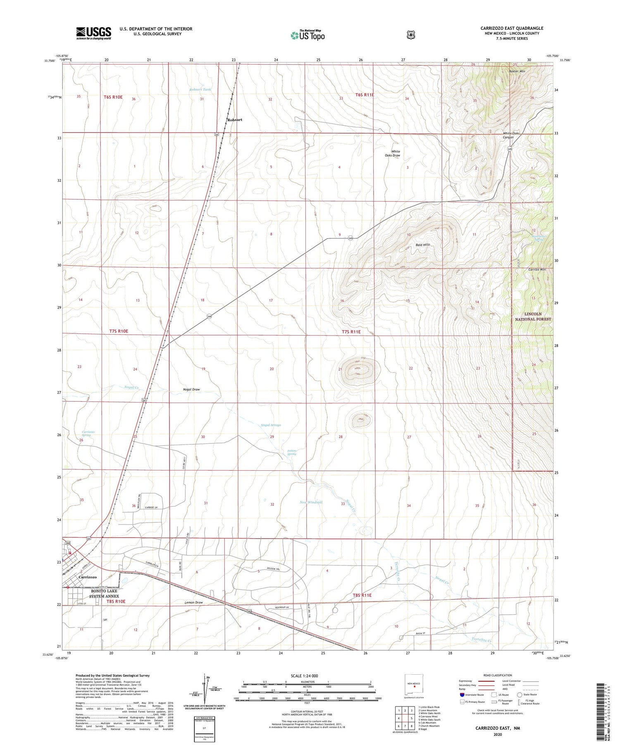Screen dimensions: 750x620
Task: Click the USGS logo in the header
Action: coord(93,33)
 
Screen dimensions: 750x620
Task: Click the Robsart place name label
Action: coord(234,120)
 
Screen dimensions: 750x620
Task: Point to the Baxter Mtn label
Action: coord(517,71)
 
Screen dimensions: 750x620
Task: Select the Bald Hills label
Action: coord(422,244)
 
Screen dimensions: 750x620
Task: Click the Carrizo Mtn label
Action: coord(537,269)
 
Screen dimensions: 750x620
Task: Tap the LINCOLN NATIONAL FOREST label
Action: coord(533,316)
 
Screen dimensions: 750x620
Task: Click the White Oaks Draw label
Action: coord(392,153)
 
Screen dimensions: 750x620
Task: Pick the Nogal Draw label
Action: coord(191,389)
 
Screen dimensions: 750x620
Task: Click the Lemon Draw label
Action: coord(193,602)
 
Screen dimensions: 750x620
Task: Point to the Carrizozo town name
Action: coord(87,577)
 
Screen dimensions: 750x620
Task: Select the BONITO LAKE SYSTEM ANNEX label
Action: coord(104,594)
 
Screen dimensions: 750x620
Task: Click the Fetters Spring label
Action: coord(291,452)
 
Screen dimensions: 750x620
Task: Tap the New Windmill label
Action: coord(311,502)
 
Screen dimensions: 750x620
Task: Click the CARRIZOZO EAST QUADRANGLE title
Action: coord(512,28)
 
